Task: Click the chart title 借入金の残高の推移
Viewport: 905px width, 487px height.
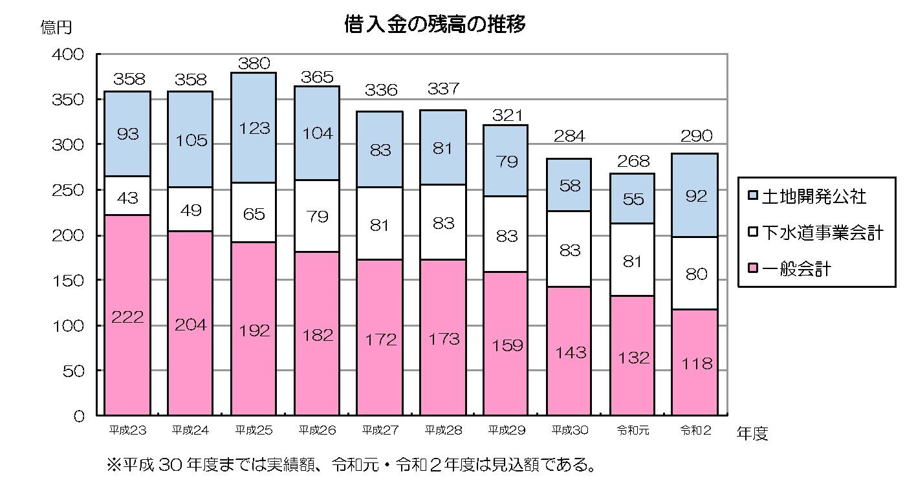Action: pyautogui.click(x=434, y=25)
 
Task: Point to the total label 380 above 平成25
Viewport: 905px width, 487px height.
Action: pyautogui.click(x=254, y=63)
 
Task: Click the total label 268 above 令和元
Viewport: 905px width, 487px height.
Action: pyautogui.click(x=633, y=162)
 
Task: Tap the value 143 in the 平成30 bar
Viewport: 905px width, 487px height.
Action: pyautogui.click(x=570, y=352)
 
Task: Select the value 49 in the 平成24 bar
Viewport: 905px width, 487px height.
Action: pyautogui.click(x=190, y=210)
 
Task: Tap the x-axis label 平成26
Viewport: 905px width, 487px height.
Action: pyautogui.click(x=316, y=430)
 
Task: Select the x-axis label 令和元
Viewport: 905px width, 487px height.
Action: pyautogui.click(x=633, y=430)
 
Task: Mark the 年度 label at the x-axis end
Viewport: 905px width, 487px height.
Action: pyautogui.click(x=752, y=433)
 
